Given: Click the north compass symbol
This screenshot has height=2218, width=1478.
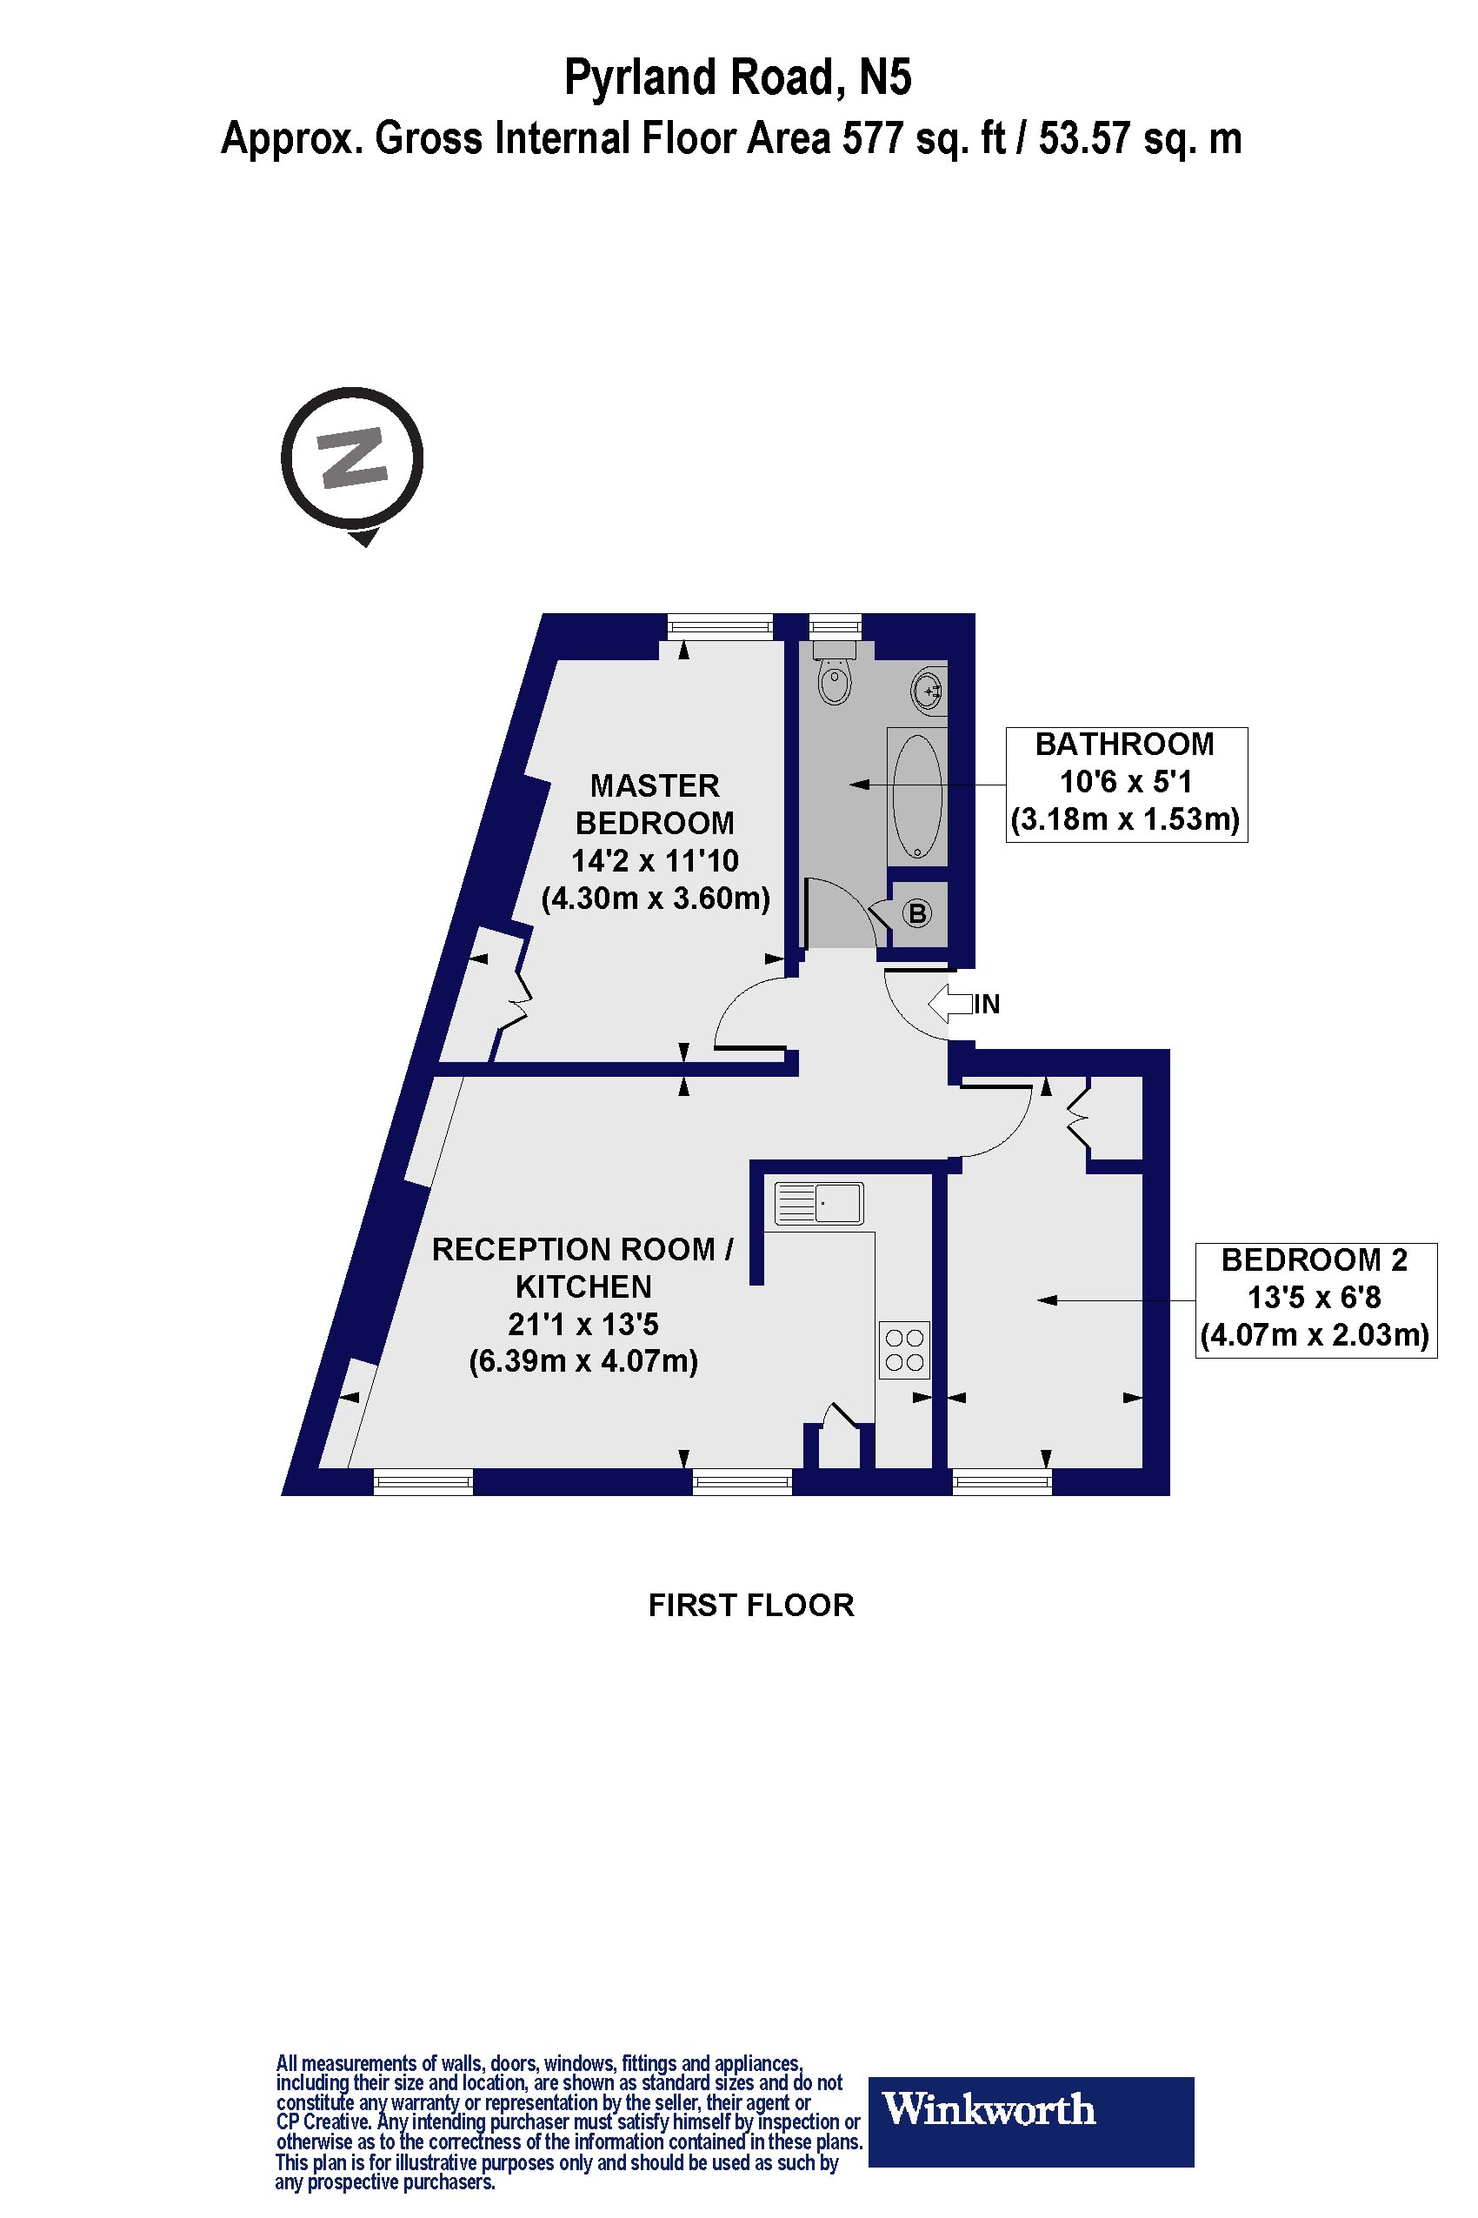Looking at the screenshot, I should pyautogui.click(x=352, y=460).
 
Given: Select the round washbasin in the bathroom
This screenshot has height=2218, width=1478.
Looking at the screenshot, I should pyautogui.click(x=928, y=691).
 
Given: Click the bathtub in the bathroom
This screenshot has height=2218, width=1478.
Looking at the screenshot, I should pyautogui.click(x=916, y=795).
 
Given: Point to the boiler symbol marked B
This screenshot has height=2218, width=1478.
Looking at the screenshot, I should pyautogui.click(x=917, y=912).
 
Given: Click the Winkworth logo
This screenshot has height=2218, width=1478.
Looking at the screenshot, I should pyautogui.click(x=1030, y=2108).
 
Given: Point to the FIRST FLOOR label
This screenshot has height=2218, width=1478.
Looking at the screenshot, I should pyautogui.click(x=751, y=1605).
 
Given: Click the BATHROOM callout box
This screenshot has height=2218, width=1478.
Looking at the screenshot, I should pyautogui.click(x=1127, y=784).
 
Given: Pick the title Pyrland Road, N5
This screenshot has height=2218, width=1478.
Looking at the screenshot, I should pyautogui.click(x=738, y=77).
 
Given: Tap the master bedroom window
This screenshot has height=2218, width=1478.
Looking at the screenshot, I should pyautogui.click(x=720, y=626).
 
